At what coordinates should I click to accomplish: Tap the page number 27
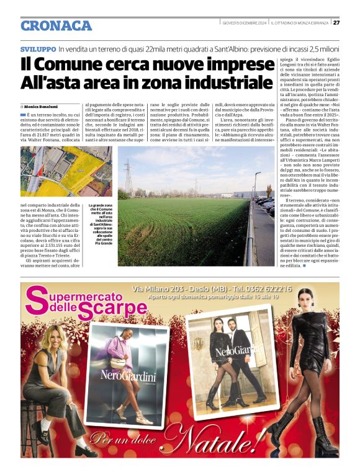pos(336,23)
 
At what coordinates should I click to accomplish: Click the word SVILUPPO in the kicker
pos(38,48)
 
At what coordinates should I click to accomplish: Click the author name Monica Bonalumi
pos(45,107)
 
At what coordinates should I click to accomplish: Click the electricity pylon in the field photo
pos(128,177)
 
